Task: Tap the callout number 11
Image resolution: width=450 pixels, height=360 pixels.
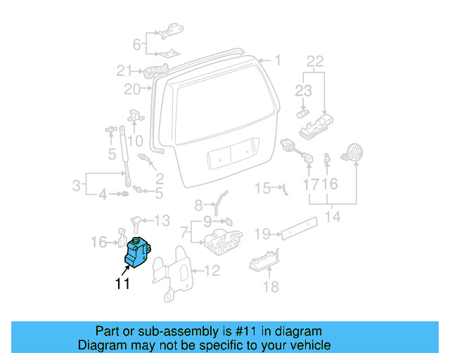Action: pos(123,285)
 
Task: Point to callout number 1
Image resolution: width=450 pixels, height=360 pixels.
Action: pos(277,61)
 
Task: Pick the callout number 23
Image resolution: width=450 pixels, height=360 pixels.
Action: pos(302,89)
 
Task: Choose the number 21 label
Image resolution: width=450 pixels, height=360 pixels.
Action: pos(124,70)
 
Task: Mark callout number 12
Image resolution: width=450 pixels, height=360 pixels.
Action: pos(212,270)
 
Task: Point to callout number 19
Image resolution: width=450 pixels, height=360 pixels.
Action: pos(262,233)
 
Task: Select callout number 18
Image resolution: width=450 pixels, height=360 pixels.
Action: pos(271,287)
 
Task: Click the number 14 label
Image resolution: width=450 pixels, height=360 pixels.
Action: pos(333,217)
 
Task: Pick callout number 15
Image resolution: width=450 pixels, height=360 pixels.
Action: pos(262,188)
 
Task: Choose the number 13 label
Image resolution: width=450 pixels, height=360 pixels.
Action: pos(162,221)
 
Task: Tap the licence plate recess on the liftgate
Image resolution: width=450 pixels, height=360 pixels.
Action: pos(231,155)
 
